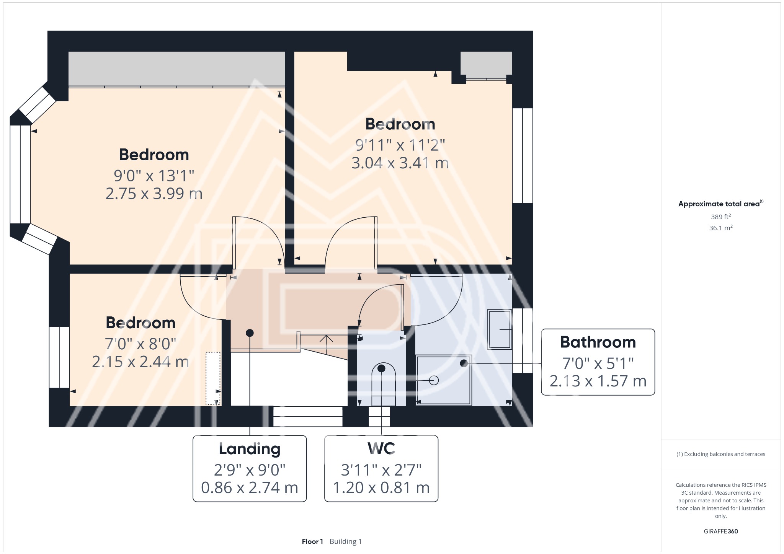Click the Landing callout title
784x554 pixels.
[250, 449]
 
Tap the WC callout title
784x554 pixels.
[381, 448]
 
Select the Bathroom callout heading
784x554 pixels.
[598, 342]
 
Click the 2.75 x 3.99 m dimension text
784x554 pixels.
[154, 194]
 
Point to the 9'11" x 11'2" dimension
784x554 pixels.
[400, 145]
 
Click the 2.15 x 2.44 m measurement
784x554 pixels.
[140, 362]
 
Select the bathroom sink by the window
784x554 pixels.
[500, 329]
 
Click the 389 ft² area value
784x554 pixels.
[720, 217]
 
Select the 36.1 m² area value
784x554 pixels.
[720, 228]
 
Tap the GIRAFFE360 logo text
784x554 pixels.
[720, 531]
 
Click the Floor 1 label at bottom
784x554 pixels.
[312, 541]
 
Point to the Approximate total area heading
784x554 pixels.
[720, 204]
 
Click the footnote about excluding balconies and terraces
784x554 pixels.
[720, 454]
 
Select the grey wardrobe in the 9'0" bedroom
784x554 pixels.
[176, 68]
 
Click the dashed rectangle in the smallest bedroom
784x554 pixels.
[213, 378]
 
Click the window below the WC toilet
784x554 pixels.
[379, 417]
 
